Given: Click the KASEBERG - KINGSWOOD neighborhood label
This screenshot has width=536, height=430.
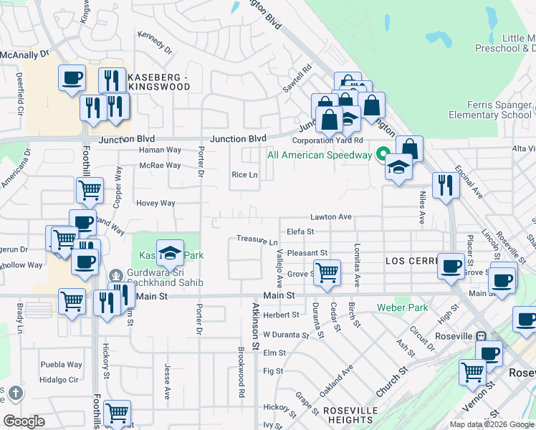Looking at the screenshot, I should pyautogui.click(x=158, y=81).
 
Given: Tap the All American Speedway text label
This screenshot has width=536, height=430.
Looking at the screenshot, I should pyautogui.click(x=320, y=155).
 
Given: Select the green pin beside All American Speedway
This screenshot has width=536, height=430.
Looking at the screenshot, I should pyautogui.click(x=383, y=155).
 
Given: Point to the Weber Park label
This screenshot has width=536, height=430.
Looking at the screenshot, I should pyautogui.click(x=402, y=308).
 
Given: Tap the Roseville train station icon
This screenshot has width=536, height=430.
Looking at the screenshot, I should pyautogui.click(x=482, y=336).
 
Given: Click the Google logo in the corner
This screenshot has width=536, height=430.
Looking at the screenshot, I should pyautogui.click(x=24, y=421).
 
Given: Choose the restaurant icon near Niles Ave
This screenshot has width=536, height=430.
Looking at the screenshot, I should pyautogui.click(x=446, y=185).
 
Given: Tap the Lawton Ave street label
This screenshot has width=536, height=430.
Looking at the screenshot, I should pyautogui.click(x=330, y=216).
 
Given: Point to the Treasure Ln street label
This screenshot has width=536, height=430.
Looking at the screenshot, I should pyautogui.click(x=257, y=240).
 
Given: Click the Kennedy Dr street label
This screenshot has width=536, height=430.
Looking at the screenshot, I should pyautogui.click(x=155, y=43).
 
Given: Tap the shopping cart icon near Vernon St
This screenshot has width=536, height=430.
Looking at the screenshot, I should pyautogui.click(x=472, y=372).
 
